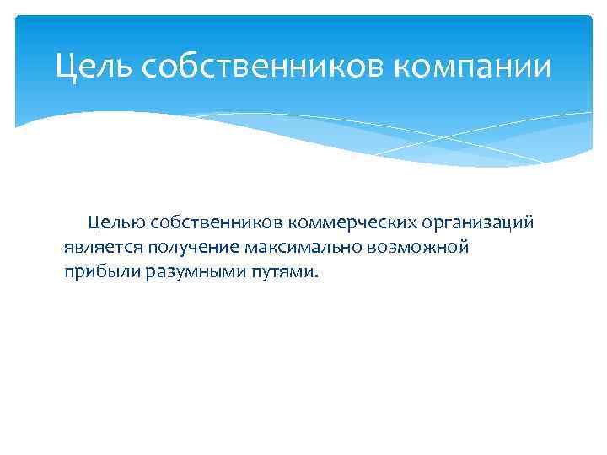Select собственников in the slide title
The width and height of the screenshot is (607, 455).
click(x=244, y=67)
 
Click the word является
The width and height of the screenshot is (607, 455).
click(x=104, y=248)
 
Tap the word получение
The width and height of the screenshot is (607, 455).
click(x=193, y=248)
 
